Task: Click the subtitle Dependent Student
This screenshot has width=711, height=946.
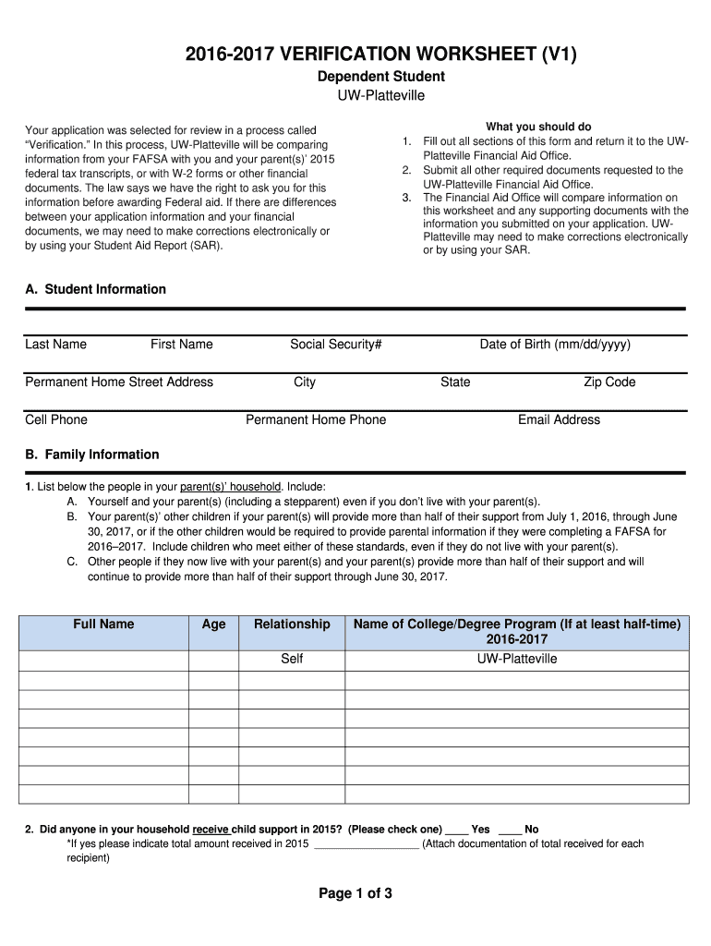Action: click(x=381, y=77)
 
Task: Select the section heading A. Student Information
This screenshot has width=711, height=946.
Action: click(x=96, y=289)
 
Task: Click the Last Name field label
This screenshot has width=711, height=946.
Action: click(x=55, y=345)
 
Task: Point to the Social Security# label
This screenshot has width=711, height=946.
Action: click(x=336, y=345)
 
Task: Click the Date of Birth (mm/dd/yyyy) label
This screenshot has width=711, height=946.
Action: click(x=555, y=345)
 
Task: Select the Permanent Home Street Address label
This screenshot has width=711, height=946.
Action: click(x=119, y=382)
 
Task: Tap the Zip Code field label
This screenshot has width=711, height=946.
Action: click(x=609, y=382)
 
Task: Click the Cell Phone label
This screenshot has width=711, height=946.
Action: click(x=56, y=420)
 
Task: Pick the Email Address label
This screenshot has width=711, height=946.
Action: click(x=559, y=420)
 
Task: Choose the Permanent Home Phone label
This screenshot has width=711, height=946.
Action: click(x=316, y=420)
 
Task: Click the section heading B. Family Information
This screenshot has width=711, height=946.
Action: click(x=92, y=455)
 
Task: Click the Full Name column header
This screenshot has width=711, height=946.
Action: click(x=103, y=625)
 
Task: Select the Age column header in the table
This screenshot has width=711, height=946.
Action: click(x=213, y=625)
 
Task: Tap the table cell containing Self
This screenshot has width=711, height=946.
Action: click(x=292, y=660)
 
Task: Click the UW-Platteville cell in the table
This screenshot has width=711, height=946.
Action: click(x=517, y=660)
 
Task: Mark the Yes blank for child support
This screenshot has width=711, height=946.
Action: click(x=457, y=830)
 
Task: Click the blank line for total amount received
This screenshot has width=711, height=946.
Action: click(x=367, y=844)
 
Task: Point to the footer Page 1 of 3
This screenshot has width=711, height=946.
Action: click(x=355, y=893)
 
